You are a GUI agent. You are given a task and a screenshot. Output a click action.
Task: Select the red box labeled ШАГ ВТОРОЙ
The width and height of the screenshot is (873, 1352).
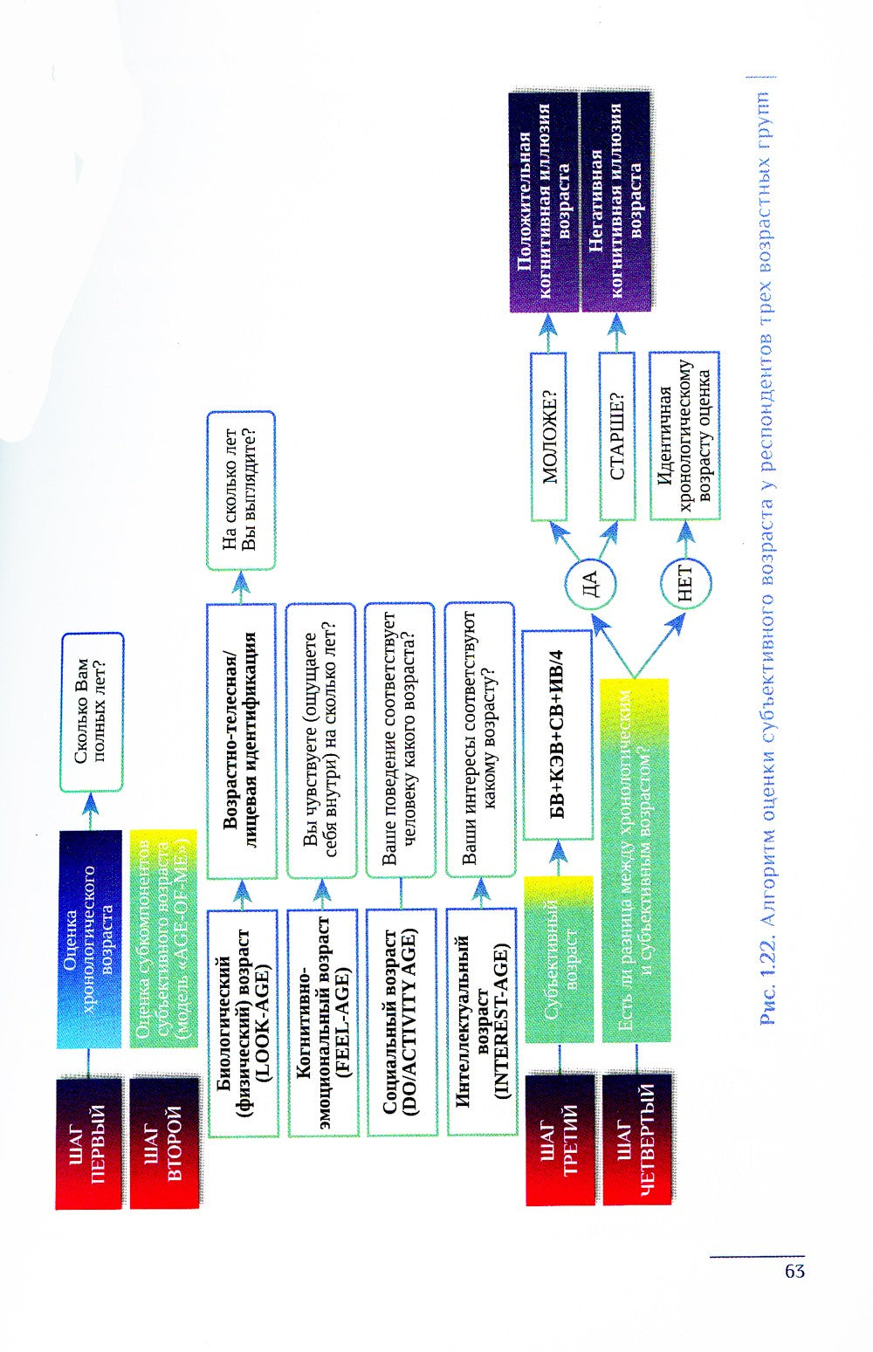pyautogui.click(x=163, y=1143)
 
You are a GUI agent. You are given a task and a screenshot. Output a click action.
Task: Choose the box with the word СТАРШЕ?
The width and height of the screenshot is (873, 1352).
pyautogui.click(x=616, y=436)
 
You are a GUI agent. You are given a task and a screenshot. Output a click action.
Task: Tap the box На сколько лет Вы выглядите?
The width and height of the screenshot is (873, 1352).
pyautogui.click(x=240, y=491)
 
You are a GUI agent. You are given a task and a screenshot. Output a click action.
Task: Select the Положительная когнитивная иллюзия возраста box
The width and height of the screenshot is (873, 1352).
pyautogui.click(x=544, y=201)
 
